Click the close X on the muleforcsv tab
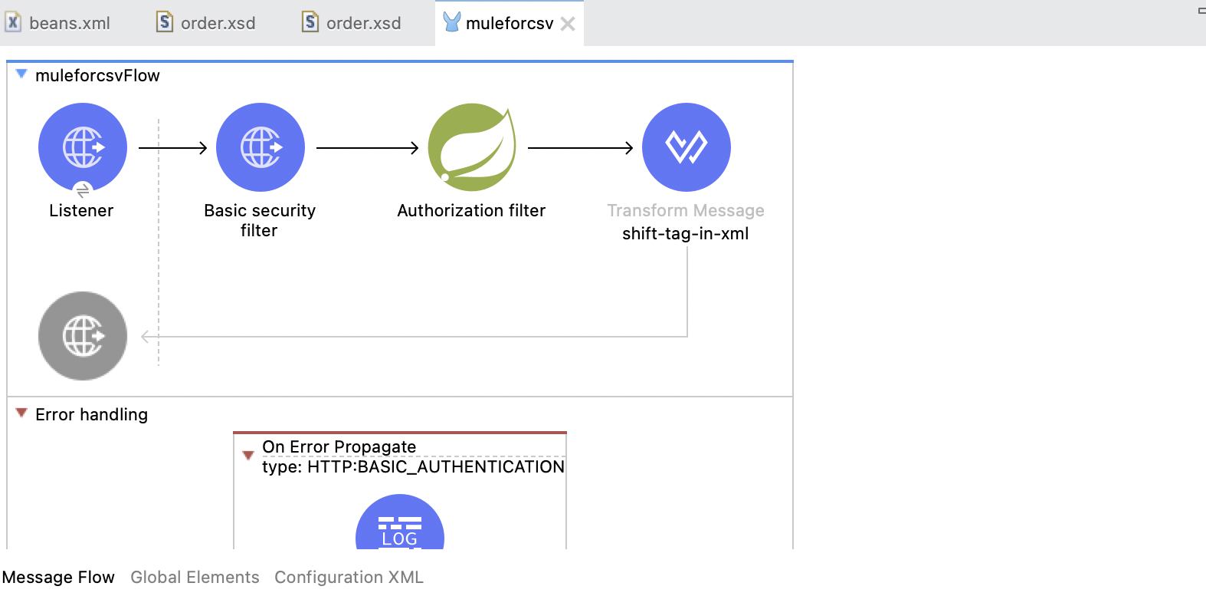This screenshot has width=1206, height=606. pyautogui.click(x=568, y=24)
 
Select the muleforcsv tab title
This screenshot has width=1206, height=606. pyautogui.click(x=510, y=23)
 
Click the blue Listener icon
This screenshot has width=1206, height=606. pyautogui.click(x=83, y=147)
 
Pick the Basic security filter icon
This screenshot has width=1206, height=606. pyautogui.click(x=261, y=147)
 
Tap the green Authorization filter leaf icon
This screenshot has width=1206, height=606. pyautogui.click(x=472, y=147)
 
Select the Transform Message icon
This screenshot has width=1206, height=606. pyautogui.click(x=687, y=147)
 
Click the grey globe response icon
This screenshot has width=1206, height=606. pyautogui.click(x=83, y=336)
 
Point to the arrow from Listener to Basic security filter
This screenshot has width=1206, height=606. pyautogui.click(x=173, y=148)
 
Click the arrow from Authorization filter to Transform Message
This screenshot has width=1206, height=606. pyautogui.click(x=580, y=148)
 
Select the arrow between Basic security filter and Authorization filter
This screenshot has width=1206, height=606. pyautogui.click(x=367, y=148)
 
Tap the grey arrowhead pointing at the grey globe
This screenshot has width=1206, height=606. pyautogui.click(x=145, y=337)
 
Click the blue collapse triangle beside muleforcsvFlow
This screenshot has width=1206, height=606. pyautogui.click(x=21, y=74)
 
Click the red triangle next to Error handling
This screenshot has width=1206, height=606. pyautogui.click(x=21, y=413)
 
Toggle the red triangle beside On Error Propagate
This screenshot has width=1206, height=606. pyautogui.click(x=248, y=456)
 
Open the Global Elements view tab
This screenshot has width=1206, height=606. pyautogui.click(x=195, y=577)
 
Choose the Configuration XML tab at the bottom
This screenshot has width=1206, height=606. pyautogui.click(x=349, y=577)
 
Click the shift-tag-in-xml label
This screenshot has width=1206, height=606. pyautogui.click(x=686, y=233)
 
